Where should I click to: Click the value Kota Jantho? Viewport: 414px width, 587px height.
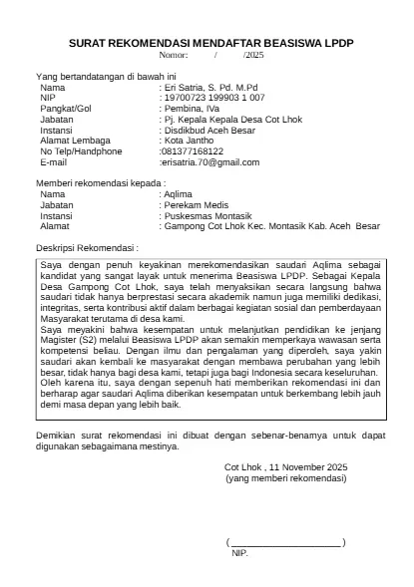click(x=189, y=141)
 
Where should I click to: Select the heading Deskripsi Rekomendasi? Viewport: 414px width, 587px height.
click(x=87, y=245)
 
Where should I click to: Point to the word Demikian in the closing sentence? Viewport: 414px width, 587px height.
click(x=56, y=436)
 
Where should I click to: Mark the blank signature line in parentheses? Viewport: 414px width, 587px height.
click(x=286, y=542)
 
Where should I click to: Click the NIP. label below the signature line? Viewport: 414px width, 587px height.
click(x=239, y=552)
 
